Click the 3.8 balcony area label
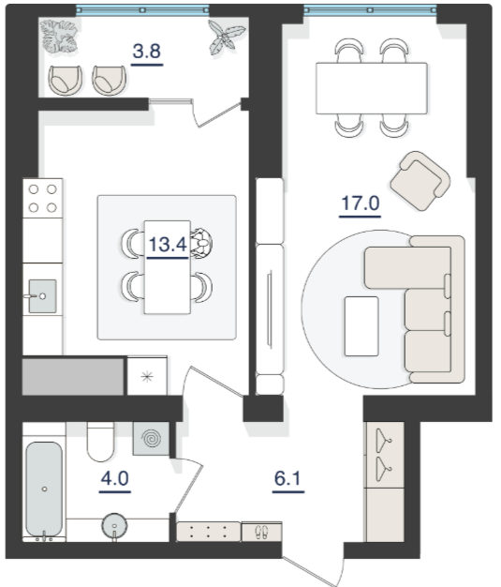point(147,52)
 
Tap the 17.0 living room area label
point(361,203)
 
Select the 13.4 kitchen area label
point(168,245)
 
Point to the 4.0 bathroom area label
point(115,478)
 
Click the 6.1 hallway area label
point(287,478)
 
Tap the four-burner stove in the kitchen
point(43,199)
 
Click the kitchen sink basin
point(43,296)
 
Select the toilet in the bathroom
point(100,442)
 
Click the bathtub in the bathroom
point(44,489)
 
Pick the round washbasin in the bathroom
point(114,526)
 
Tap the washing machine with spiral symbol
point(151,439)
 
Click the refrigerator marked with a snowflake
point(147,376)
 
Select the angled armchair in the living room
point(420,181)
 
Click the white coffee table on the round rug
point(361,326)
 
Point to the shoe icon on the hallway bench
point(261,532)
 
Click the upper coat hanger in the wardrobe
point(384,440)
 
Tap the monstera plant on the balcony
point(59,37)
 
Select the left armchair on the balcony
point(65,80)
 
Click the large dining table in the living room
point(372,88)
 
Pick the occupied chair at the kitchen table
point(201,244)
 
